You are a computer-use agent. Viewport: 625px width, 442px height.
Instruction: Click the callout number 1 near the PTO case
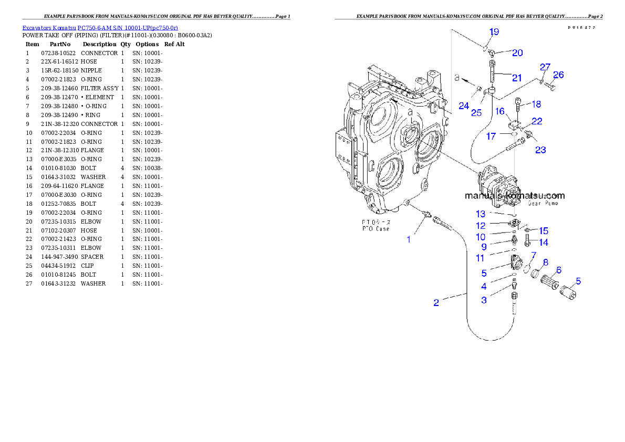pyautogui.click(x=409, y=239)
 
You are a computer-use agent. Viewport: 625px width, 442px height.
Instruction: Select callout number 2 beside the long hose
pyautogui.click(x=436, y=303)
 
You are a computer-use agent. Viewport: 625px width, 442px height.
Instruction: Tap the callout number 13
pyautogui.click(x=481, y=214)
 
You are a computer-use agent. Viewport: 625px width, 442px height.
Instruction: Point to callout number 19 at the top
pyautogui.click(x=494, y=32)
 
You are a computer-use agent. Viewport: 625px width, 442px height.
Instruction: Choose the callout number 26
pyautogui.click(x=558, y=75)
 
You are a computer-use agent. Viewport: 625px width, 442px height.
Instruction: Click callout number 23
pyautogui.click(x=540, y=150)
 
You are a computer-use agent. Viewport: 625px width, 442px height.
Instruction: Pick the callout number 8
pyautogui.click(x=546, y=262)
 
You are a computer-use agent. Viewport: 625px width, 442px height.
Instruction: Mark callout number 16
pyautogui.click(x=499, y=111)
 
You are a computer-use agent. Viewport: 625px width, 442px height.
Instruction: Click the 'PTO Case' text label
pyautogui.click(x=375, y=229)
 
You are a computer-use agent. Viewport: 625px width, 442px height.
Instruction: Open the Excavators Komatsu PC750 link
pyautogui.click(x=100, y=27)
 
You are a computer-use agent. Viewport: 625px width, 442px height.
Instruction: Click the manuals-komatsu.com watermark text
pyautogui.click(x=515, y=195)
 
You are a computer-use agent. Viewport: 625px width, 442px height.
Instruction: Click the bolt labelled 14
pyautogui.click(x=527, y=243)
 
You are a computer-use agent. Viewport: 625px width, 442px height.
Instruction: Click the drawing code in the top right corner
pyautogui.click(x=584, y=27)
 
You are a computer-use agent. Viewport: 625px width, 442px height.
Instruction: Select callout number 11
pyautogui.click(x=481, y=258)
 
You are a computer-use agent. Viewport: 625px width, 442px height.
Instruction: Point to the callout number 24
pyautogui.click(x=463, y=106)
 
